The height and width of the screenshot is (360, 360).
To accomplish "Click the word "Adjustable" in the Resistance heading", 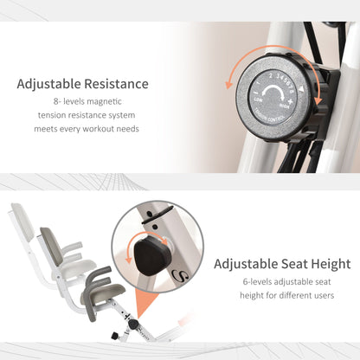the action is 48,84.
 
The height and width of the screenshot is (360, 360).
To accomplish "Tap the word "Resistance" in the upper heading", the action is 117,84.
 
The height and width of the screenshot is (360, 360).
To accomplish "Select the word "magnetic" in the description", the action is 104,101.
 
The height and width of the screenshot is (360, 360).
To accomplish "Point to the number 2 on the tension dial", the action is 271,76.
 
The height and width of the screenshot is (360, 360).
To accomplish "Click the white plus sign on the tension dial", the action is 291,101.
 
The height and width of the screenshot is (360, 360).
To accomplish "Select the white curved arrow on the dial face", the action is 273,94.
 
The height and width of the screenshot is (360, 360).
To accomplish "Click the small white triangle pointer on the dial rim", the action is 301,89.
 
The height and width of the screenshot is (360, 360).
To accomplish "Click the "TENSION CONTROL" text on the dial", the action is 269,117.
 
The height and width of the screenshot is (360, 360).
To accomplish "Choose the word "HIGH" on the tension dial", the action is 284,106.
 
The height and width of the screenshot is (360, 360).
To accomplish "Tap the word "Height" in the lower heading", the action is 331,264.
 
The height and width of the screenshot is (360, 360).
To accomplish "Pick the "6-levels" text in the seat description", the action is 257,281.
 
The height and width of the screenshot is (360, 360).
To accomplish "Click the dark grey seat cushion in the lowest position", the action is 102,293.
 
